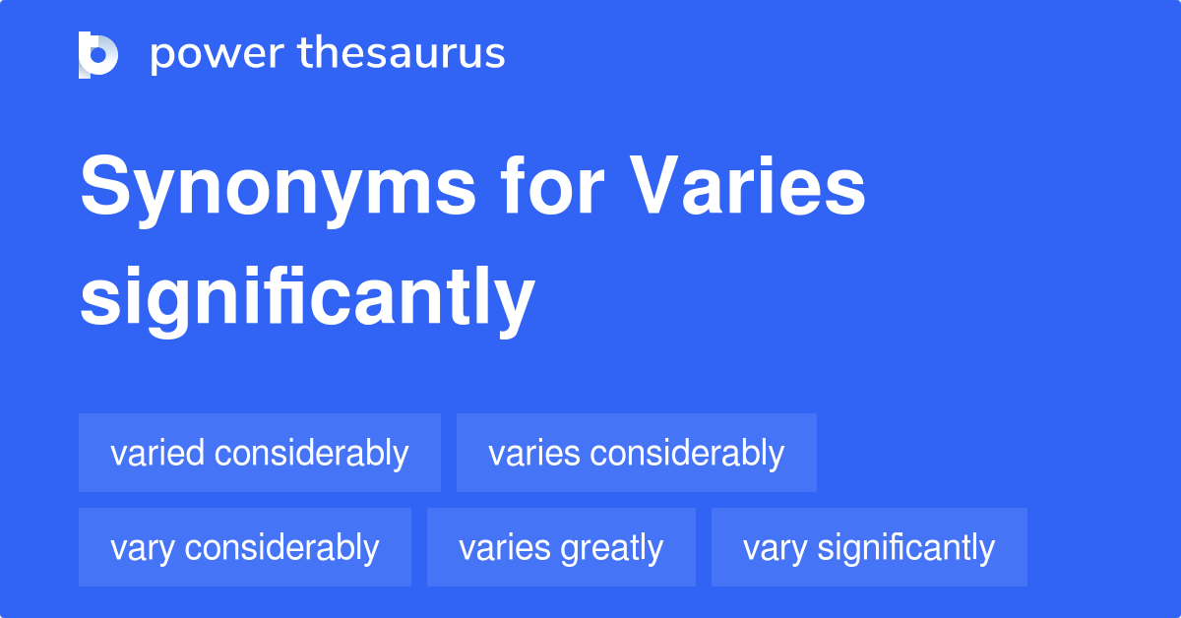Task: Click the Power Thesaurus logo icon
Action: (98, 54)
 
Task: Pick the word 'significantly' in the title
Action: (307, 299)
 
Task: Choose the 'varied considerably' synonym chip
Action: (260, 453)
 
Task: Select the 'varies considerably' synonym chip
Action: (637, 453)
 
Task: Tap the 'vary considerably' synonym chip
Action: (245, 547)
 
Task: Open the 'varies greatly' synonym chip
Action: (561, 547)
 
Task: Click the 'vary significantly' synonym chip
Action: (869, 547)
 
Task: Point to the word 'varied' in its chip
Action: (157, 453)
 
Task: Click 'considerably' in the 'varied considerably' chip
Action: (311, 453)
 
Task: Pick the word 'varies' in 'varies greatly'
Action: (504, 547)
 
